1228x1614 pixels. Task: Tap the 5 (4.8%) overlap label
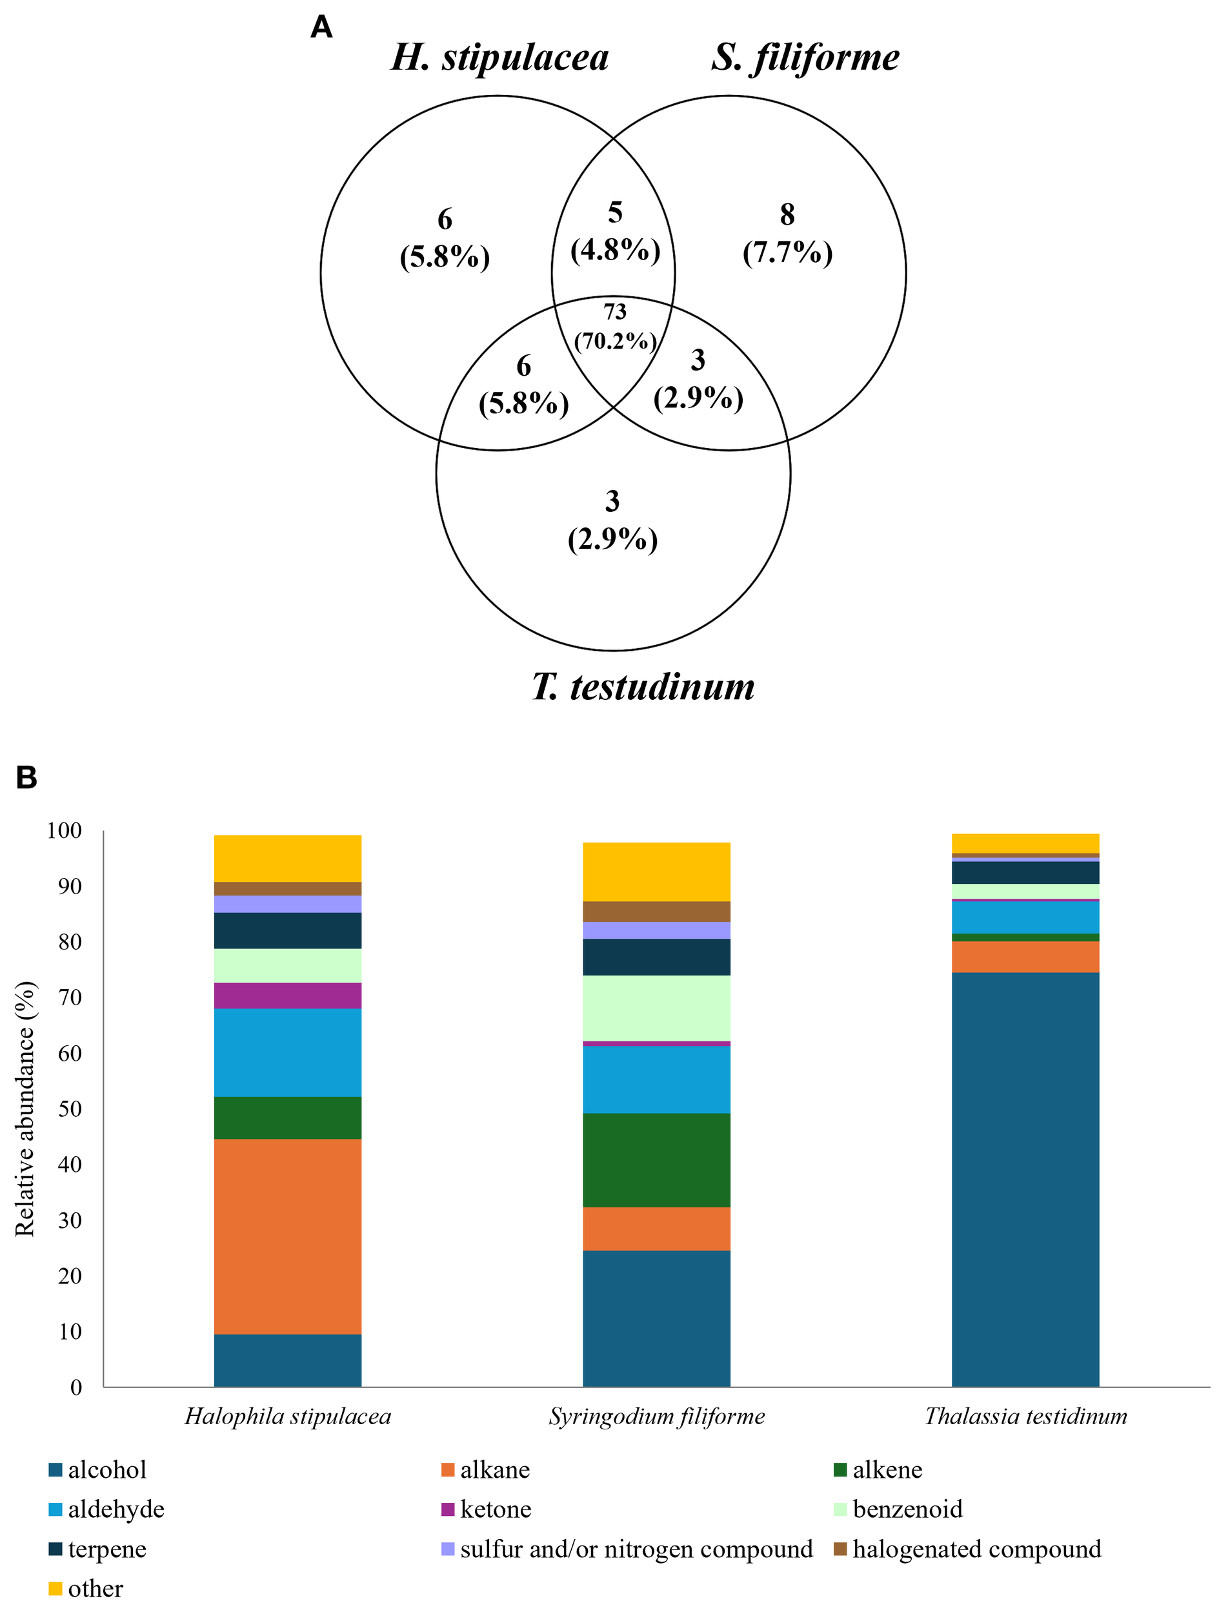tap(615, 232)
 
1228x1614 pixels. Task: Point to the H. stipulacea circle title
tap(499, 57)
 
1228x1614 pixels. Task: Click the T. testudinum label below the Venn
tap(643, 687)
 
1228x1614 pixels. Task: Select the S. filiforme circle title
tap(805, 57)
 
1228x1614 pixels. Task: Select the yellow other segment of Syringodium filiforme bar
tap(656, 872)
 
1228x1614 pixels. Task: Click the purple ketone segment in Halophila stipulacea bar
tap(287, 996)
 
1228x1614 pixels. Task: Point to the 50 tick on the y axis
tap(70, 1108)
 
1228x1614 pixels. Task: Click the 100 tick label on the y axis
tap(65, 830)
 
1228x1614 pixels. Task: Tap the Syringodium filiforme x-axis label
tap(656, 1416)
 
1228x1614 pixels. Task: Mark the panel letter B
tap(26, 777)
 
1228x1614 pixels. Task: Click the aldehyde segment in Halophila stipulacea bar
tap(287, 1052)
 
